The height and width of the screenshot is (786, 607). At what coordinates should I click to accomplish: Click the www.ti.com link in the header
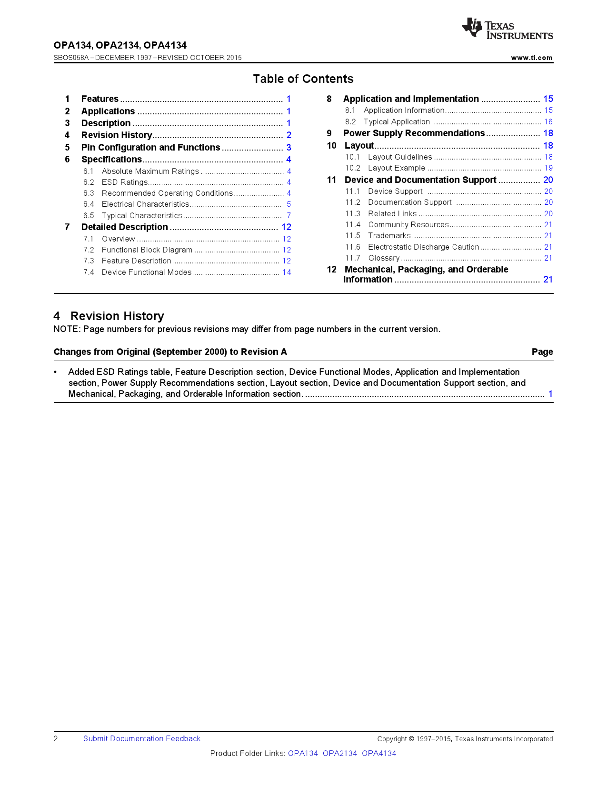(x=531, y=58)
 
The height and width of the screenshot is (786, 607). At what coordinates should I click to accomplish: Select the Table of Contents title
(x=303, y=79)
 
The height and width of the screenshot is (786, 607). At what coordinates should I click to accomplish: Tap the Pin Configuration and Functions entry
(x=150, y=148)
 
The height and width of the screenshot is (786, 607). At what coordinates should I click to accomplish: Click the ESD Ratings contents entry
(x=125, y=182)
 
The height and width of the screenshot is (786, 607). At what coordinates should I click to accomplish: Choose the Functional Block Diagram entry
(x=147, y=250)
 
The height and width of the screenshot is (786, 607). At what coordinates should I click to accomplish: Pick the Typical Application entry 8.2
(x=397, y=122)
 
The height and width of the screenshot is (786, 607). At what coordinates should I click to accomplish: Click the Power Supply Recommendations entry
(x=414, y=133)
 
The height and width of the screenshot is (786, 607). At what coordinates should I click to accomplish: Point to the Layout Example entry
(x=396, y=168)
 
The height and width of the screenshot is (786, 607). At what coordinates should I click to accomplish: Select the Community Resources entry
(x=408, y=225)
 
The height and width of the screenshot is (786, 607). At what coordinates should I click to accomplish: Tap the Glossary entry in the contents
(x=384, y=258)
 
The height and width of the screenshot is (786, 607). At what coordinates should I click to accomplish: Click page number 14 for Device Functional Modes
(x=287, y=272)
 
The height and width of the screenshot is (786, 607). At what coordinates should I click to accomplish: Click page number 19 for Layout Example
(x=548, y=168)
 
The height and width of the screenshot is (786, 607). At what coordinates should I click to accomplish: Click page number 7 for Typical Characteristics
(x=289, y=216)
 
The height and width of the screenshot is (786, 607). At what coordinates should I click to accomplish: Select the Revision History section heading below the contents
(x=117, y=316)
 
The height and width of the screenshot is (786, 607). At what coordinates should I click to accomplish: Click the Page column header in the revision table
(x=542, y=352)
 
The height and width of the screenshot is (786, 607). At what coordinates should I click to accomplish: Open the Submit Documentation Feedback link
(x=142, y=739)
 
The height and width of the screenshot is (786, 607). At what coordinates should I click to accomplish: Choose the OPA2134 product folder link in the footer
(x=340, y=754)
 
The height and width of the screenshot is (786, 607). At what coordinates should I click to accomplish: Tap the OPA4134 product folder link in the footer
(x=379, y=754)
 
